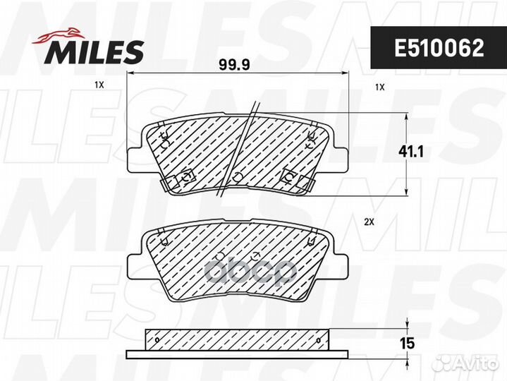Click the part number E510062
(x=439, y=48)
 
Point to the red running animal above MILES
(x=59, y=35)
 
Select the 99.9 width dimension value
(x=234, y=65)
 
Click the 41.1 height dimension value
(x=410, y=152)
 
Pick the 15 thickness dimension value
(x=407, y=343)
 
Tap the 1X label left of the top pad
(x=99, y=85)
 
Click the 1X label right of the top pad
(x=380, y=87)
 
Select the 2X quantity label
(x=369, y=222)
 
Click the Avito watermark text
(x=475, y=363)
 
